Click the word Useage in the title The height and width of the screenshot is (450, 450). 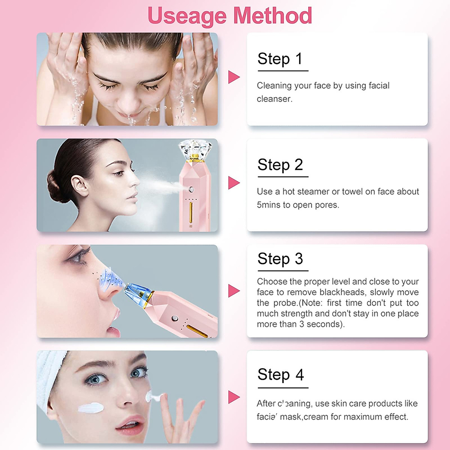[186, 16]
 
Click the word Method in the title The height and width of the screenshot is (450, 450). [272, 16]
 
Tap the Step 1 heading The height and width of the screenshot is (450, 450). [280, 59]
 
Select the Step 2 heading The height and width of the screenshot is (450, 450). [280, 165]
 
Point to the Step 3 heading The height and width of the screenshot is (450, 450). [280, 259]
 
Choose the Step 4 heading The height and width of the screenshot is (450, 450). [280, 375]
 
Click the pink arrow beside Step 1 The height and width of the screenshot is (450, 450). [234, 77]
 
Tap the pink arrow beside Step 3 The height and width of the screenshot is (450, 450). [234, 291]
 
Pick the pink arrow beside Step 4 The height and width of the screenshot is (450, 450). [234, 397]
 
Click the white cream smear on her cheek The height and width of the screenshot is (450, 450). [91, 408]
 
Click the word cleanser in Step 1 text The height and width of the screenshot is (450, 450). [274, 99]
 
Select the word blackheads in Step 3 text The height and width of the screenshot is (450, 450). [342, 292]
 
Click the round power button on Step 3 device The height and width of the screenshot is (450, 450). [174, 319]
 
